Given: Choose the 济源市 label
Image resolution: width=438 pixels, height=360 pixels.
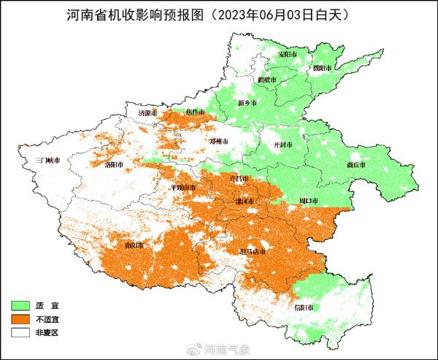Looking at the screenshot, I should (149, 114).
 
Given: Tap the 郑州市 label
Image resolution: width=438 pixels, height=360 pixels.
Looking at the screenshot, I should (220, 141).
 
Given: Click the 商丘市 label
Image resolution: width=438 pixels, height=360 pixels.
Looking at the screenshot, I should (356, 166).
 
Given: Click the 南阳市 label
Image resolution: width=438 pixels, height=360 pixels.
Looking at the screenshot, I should (134, 245).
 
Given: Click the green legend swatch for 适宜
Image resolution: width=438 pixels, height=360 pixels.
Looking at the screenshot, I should (22, 304).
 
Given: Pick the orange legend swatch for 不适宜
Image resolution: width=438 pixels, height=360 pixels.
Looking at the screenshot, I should (22, 318).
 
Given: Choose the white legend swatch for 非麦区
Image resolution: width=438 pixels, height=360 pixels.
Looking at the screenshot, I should (22, 332).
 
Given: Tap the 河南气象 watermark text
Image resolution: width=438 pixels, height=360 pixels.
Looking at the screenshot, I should (226, 349).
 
